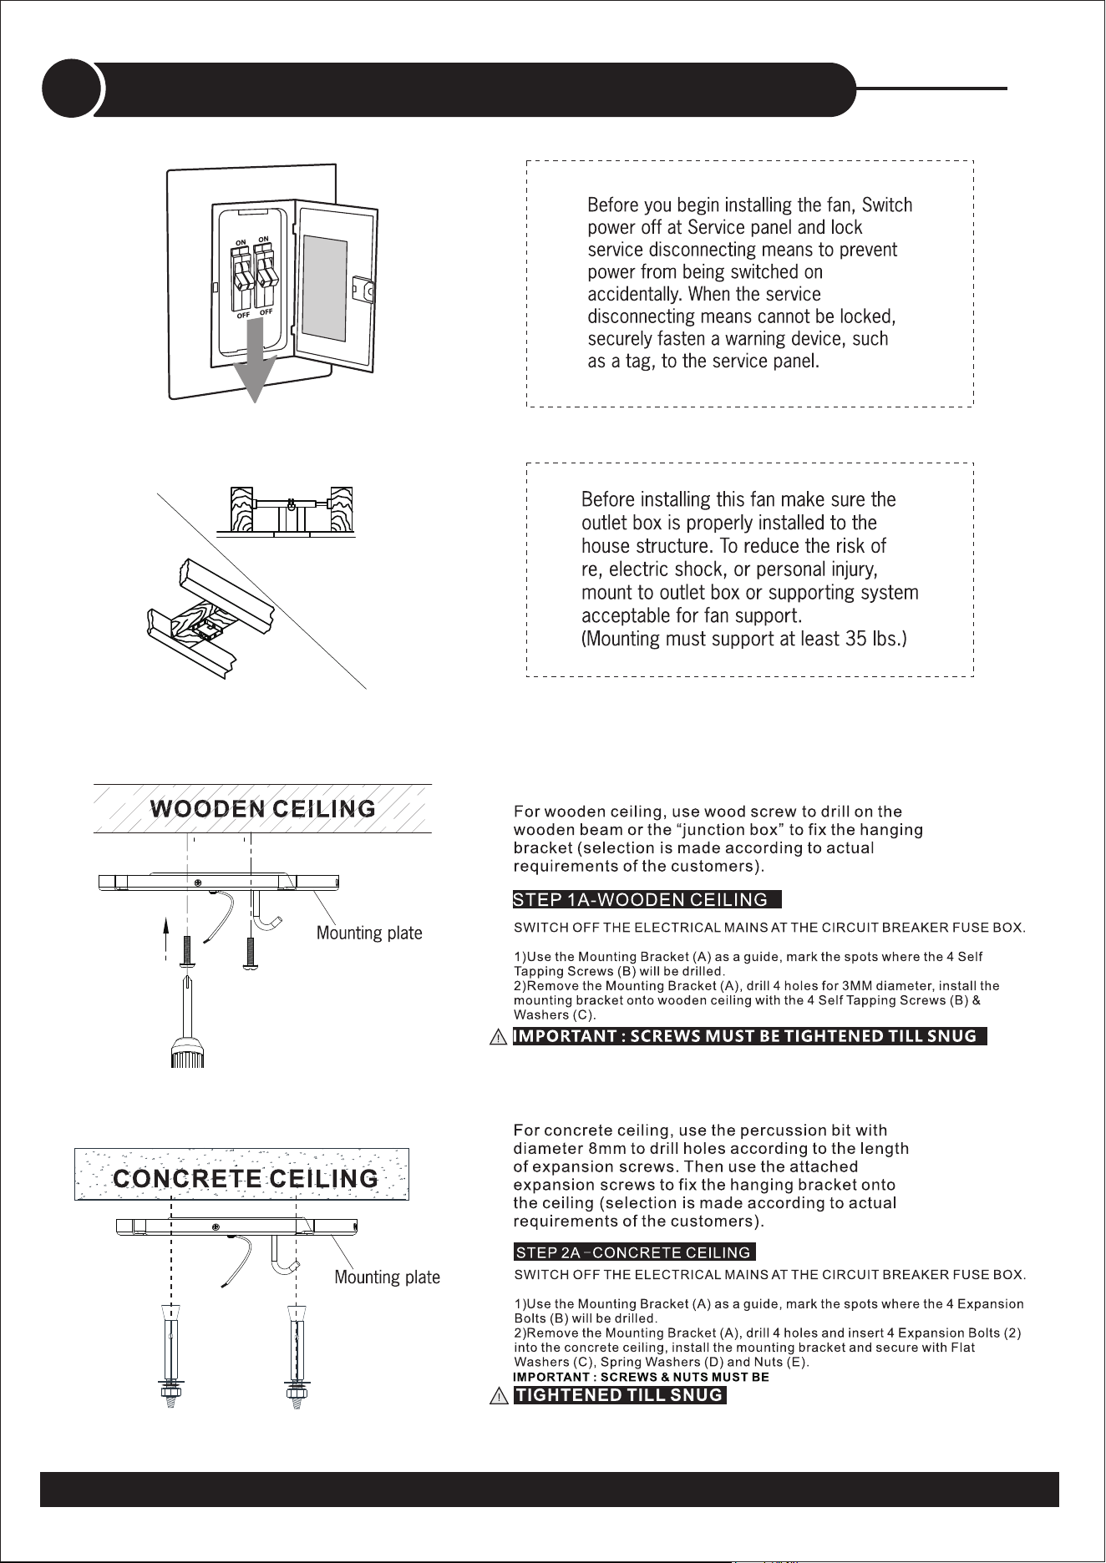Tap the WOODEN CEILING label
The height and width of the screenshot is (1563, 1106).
263,808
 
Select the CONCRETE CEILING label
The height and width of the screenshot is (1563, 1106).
246,1178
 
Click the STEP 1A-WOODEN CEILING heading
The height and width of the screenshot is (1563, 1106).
647,899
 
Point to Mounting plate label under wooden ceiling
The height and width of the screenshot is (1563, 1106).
369,933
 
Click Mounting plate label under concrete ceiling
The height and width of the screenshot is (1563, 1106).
388,1277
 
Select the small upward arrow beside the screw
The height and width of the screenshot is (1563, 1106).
166,938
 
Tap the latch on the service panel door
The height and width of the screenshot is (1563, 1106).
364,290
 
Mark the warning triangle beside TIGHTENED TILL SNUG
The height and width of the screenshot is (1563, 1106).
498,1396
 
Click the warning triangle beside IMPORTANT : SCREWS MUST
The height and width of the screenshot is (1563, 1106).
498,1037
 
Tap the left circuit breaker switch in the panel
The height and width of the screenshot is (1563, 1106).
241,278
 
